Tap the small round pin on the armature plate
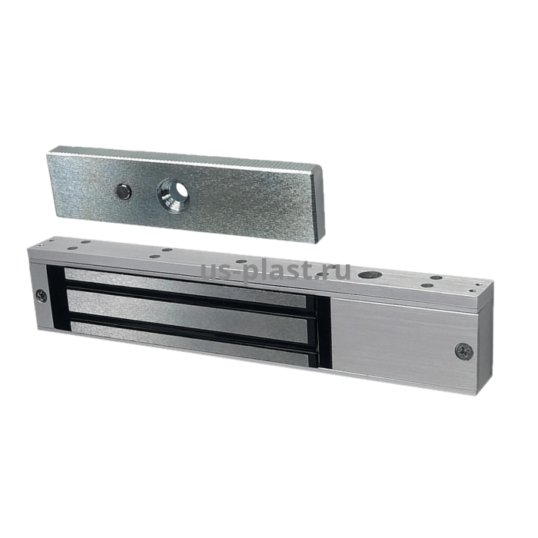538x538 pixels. [x=124, y=191]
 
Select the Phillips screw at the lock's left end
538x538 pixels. [x=42, y=296]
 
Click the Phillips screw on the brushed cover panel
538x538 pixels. [x=464, y=350]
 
